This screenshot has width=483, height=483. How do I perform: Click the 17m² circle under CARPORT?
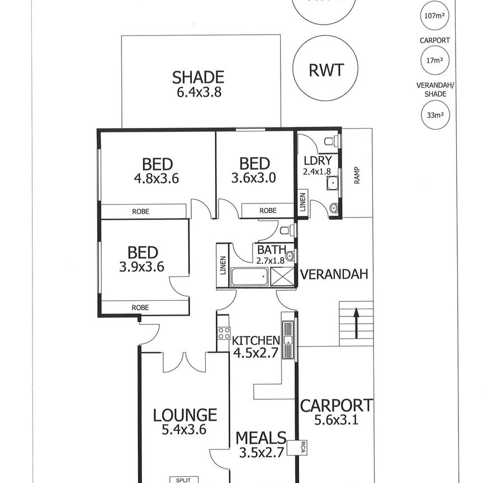click(x=435, y=60)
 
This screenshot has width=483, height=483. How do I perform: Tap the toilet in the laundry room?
click(x=333, y=140)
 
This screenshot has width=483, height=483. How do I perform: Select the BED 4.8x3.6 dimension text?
click(x=157, y=179)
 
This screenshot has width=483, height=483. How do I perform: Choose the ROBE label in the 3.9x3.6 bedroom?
click(x=140, y=307)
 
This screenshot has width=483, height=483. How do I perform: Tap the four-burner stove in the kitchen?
click(x=224, y=334)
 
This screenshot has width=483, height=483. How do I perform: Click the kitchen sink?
click(x=288, y=340)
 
